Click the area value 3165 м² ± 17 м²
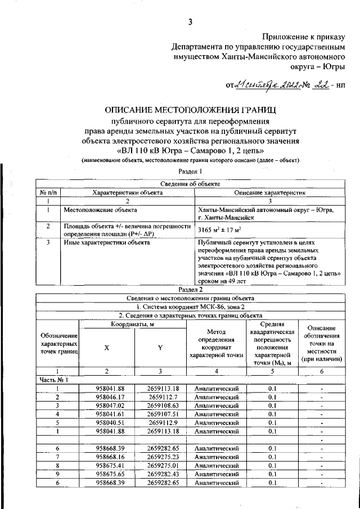[x=219, y=229]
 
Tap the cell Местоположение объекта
[x=100, y=210]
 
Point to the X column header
[x=106, y=348]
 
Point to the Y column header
[x=160, y=348]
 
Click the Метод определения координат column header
[x=216, y=344]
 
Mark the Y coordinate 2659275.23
[x=163, y=457]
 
